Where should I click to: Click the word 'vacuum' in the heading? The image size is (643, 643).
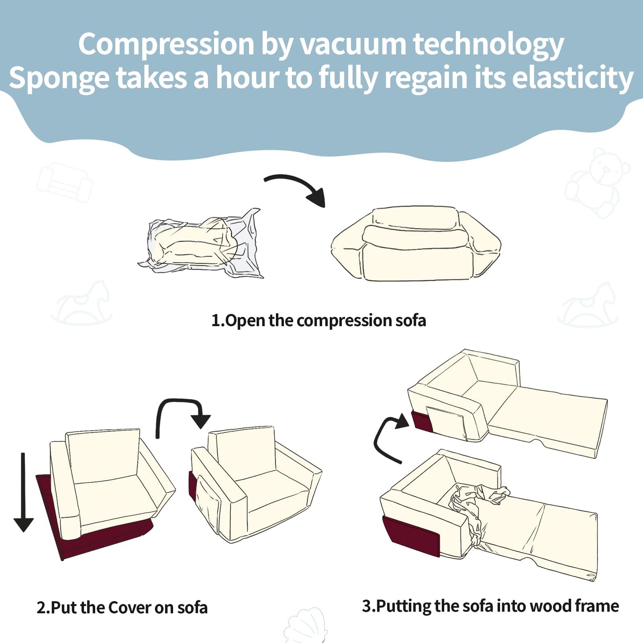click(x=353, y=44)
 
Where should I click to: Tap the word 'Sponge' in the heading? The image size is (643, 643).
click(x=59, y=79)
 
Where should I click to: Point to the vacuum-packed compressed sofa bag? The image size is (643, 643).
click(x=201, y=244)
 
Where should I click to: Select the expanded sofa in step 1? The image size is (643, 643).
click(x=416, y=243)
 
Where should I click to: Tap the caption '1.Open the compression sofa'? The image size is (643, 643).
click(x=319, y=321)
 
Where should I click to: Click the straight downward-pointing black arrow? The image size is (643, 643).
click(x=23, y=492)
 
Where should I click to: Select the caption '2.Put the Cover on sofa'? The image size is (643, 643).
click(x=122, y=608)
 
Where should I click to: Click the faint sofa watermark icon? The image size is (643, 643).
click(x=65, y=182)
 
